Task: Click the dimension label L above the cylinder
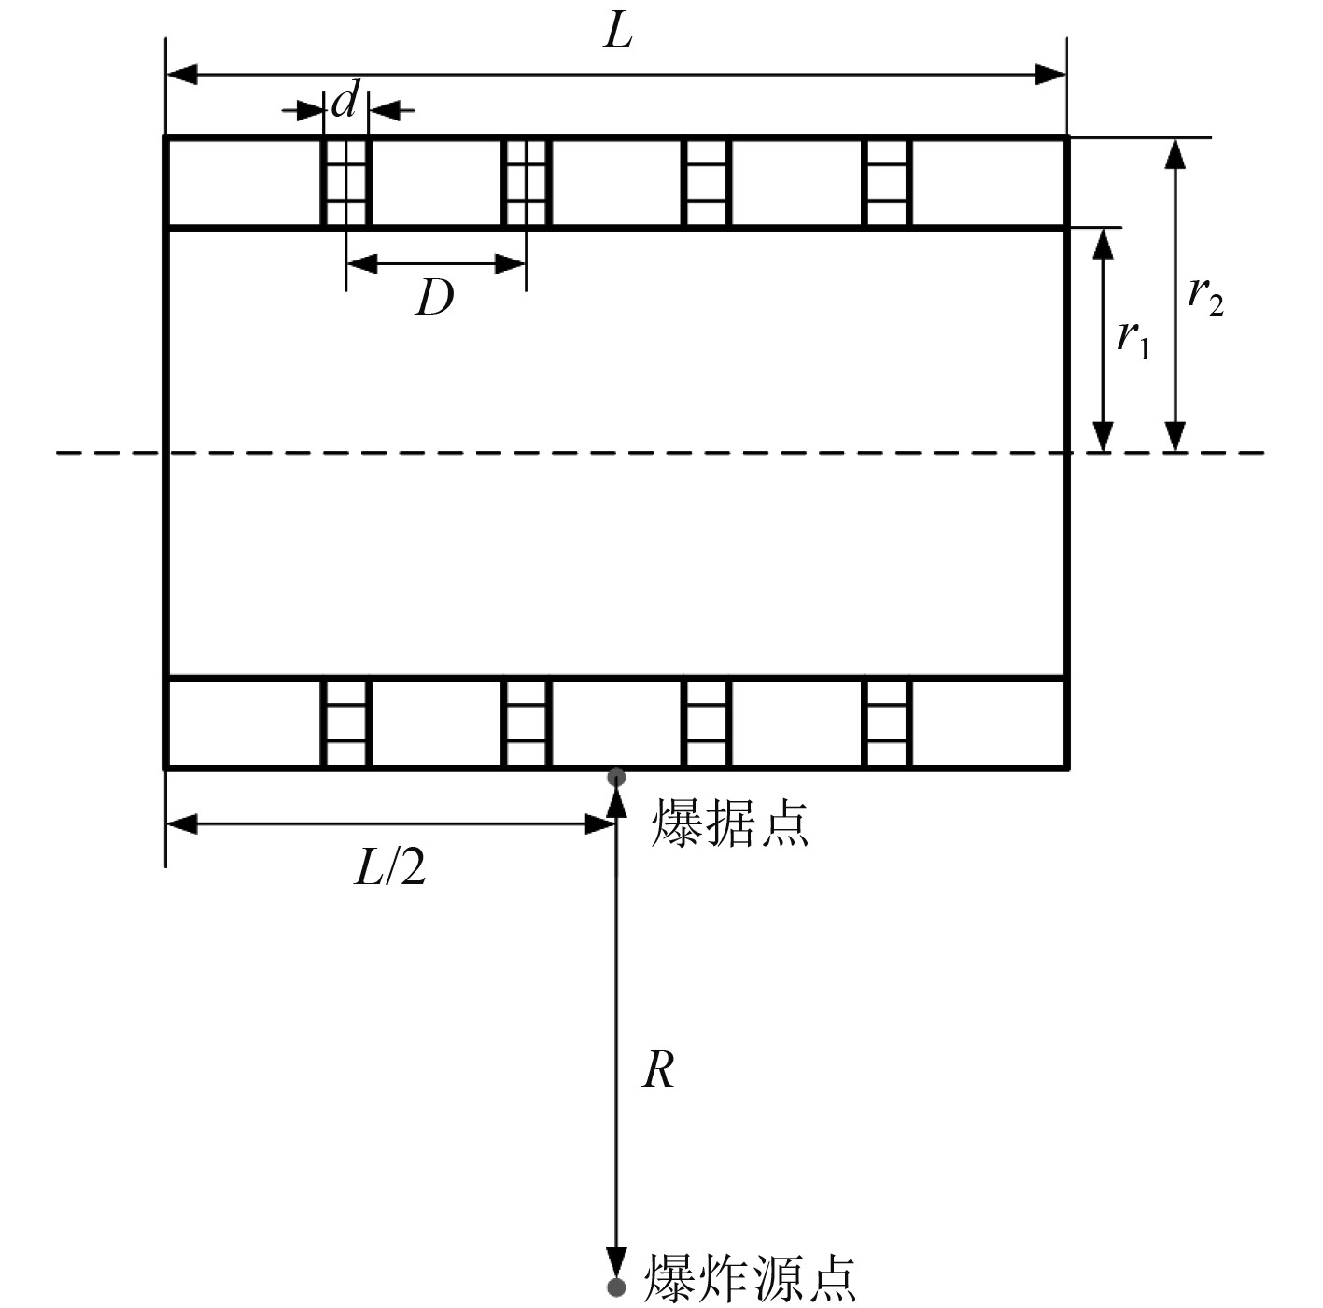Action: click(618, 34)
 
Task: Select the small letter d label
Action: click(345, 101)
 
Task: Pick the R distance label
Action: click(658, 1070)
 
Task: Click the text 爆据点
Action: click(729, 823)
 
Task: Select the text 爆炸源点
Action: click(750, 1278)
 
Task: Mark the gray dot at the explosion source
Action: click(615, 1287)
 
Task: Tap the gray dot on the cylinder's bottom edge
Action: click(615, 777)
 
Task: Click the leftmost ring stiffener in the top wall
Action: click(345, 182)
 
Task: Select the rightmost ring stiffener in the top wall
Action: click(887, 182)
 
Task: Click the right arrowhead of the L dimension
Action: click(1052, 75)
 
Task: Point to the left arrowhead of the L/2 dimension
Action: click(181, 823)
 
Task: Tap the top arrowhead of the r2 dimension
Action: click(1175, 152)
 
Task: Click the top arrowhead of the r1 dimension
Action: click(1104, 243)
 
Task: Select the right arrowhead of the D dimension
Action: click(511, 264)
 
